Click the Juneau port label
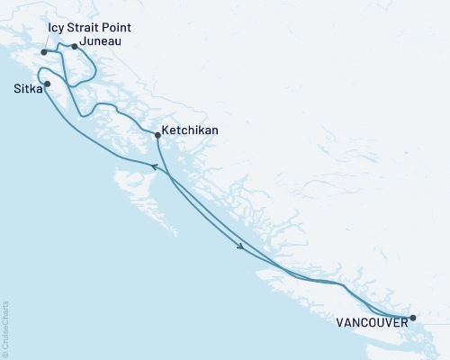pyautogui.click(x=102, y=40)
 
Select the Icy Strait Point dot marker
pyautogui.click(x=44, y=52)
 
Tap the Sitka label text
pyautogui.click(x=25, y=90)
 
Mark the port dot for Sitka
pyautogui.click(x=47, y=85)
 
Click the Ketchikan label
pyautogui.click(x=190, y=130)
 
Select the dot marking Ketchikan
pyautogui.click(x=157, y=135)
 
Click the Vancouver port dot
pyautogui.click(x=413, y=318)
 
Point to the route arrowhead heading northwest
pyautogui.click(x=152, y=166)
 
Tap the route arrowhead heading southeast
pyautogui.click(x=241, y=247)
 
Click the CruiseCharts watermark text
pyautogui.click(x=5, y=329)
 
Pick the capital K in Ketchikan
pyautogui.click(x=166, y=130)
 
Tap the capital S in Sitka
pyautogui.click(x=16, y=90)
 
